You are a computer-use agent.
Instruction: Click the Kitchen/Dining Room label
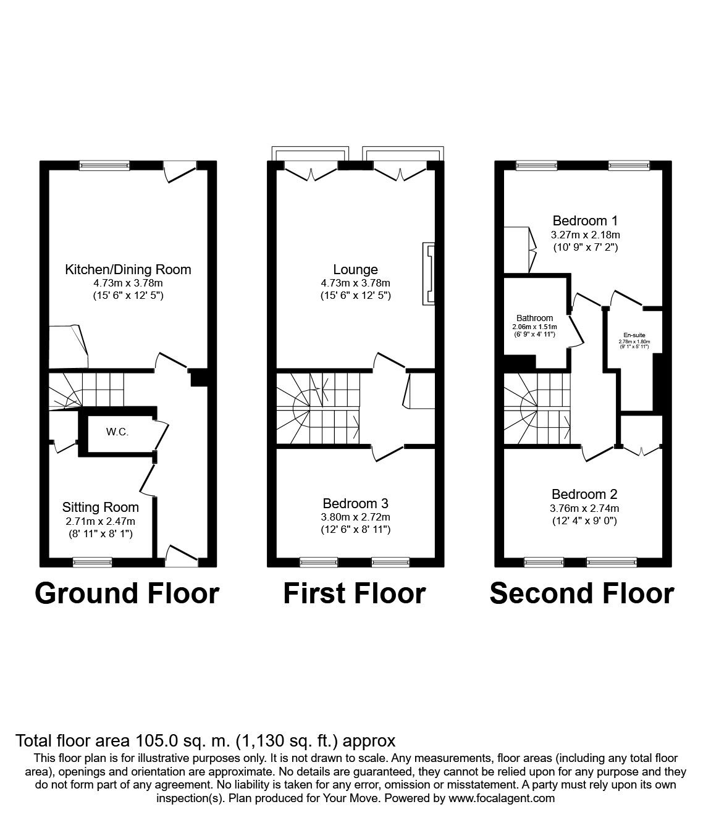[128, 269]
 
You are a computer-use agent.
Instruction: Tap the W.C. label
[117, 432]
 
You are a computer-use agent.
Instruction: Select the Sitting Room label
[100, 508]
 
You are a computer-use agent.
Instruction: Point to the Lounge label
[355, 269]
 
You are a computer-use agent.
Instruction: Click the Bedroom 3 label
[355, 504]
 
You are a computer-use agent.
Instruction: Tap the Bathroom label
[535, 318]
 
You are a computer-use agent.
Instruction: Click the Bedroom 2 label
[584, 494]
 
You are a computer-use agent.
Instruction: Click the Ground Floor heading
[127, 593]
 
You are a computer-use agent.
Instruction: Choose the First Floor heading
[355, 593]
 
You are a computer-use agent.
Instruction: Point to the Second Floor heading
[581, 593]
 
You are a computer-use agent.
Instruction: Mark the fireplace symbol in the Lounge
[428, 274]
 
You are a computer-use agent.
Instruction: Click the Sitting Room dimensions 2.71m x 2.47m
[100, 521]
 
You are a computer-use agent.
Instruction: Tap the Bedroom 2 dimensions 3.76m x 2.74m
[584, 508]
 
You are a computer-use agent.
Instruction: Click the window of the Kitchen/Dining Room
[104, 165]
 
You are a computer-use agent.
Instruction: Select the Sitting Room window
[93, 562]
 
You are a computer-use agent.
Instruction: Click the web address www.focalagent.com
[502, 798]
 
